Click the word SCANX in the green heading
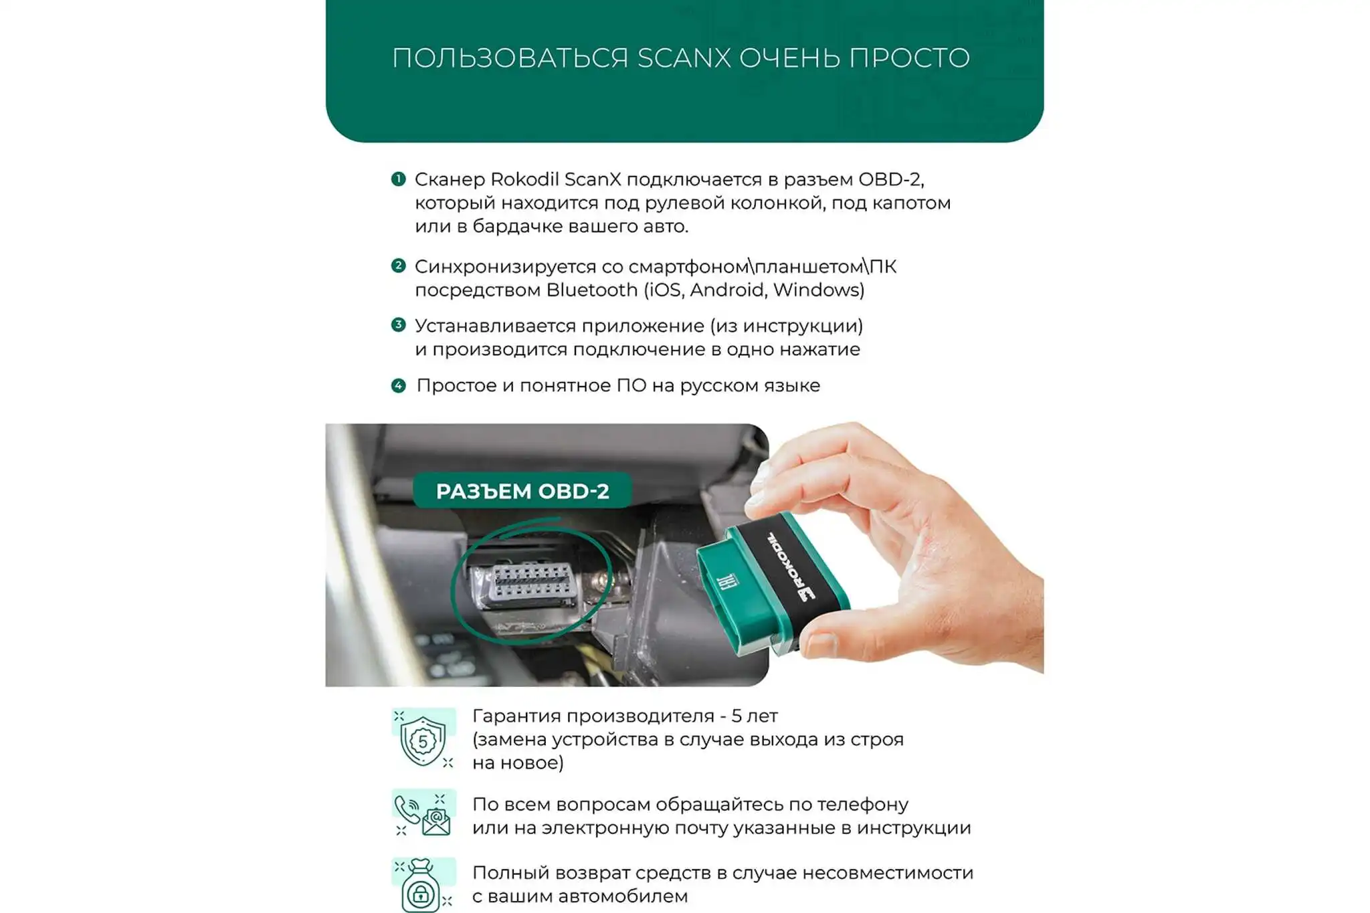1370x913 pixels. pyautogui.click(x=683, y=58)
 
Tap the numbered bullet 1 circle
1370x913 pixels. pyautogui.click(x=398, y=179)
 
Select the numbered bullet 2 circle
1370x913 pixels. pyautogui.click(x=398, y=266)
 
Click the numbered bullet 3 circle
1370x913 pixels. pyautogui.click(x=398, y=325)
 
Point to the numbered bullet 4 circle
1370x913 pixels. pyautogui.click(x=398, y=386)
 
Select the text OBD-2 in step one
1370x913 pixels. pyautogui.click(x=890, y=180)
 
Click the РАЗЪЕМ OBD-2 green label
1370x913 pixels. pyautogui.click(x=522, y=491)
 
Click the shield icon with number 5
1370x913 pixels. pyautogui.click(x=423, y=740)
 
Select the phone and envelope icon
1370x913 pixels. pyautogui.click(x=423, y=813)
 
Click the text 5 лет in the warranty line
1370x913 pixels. pyautogui.click(x=754, y=716)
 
